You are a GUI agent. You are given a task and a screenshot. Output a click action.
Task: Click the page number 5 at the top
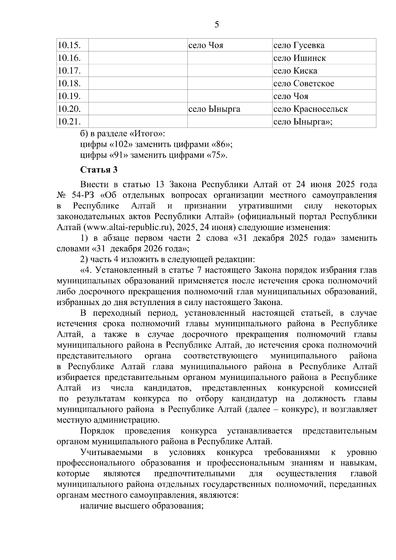tap(217, 25)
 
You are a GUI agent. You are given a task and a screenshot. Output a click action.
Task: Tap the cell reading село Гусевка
tap(299, 45)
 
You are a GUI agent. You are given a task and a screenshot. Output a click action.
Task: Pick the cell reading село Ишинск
tap(300, 58)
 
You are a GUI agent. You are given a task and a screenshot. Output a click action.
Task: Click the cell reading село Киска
tap(295, 71)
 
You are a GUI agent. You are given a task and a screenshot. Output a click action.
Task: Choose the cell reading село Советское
tap(304, 83)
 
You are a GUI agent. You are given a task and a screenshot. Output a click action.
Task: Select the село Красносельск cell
tap(311, 109)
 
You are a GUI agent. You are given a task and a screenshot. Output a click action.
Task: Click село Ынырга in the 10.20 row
tap(214, 109)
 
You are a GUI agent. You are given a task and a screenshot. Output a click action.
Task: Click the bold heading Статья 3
tap(99, 170)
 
